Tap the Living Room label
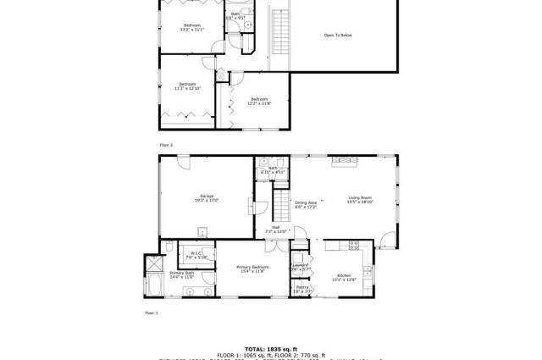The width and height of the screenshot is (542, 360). point(360,199)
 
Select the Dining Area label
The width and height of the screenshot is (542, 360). point(305,203)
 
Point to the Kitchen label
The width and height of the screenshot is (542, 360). point(344,276)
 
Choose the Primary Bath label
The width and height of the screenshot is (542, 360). point(182,273)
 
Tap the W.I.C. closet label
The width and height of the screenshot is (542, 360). point(195,253)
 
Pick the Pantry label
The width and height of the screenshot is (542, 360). point(302,287)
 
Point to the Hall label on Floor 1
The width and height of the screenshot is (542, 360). point(276,228)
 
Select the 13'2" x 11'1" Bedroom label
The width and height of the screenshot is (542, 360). point(191,25)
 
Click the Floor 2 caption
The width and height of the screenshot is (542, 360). point(165,146)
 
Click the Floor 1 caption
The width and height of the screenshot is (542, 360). point(152,313)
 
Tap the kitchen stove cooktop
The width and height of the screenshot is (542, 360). point(356,246)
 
